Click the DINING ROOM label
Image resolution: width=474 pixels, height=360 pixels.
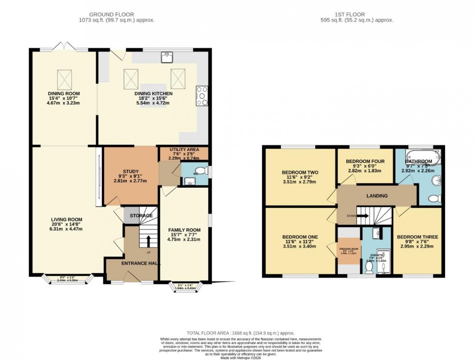pyautogui.click(x=63, y=93)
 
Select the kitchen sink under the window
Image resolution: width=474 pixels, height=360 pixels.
pyautogui.click(x=167, y=57)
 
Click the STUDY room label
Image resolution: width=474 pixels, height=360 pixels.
pyautogui.click(x=131, y=171)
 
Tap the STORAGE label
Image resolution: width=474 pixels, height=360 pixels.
pyautogui.click(x=141, y=215)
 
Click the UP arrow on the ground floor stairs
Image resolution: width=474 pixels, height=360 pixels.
pyautogui.click(x=148, y=240)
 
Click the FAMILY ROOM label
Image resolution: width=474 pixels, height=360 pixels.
pyautogui.click(x=184, y=230)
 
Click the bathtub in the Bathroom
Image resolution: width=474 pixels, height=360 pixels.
pyautogui.click(x=423, y=156)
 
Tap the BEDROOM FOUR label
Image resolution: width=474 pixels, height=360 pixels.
pyautogui.click(x=365, y=161)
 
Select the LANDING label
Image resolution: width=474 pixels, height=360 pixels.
pyautogui.click(x=376, y=196)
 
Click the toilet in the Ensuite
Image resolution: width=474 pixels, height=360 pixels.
pyautogui.click(x=370, y=268)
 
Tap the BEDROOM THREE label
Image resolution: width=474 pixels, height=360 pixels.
pyautogui.click(x=417, y=237)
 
